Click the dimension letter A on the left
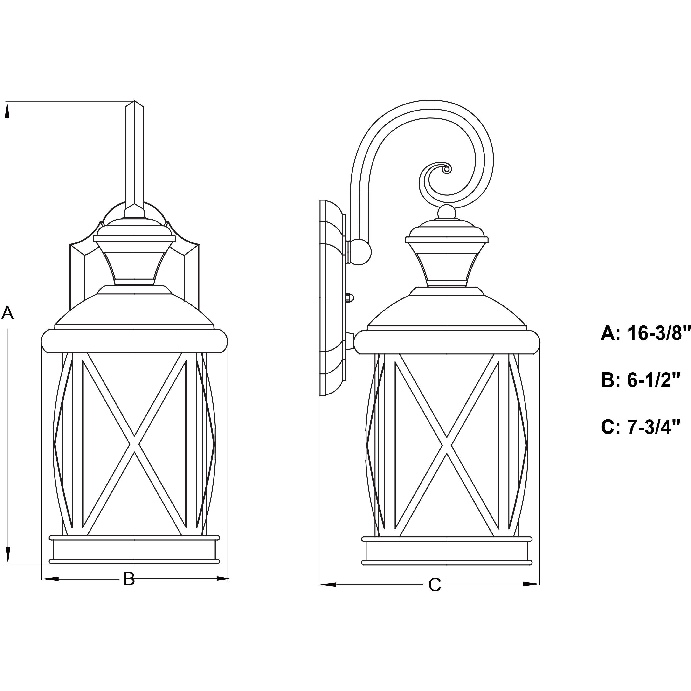7,314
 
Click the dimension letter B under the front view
129,579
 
